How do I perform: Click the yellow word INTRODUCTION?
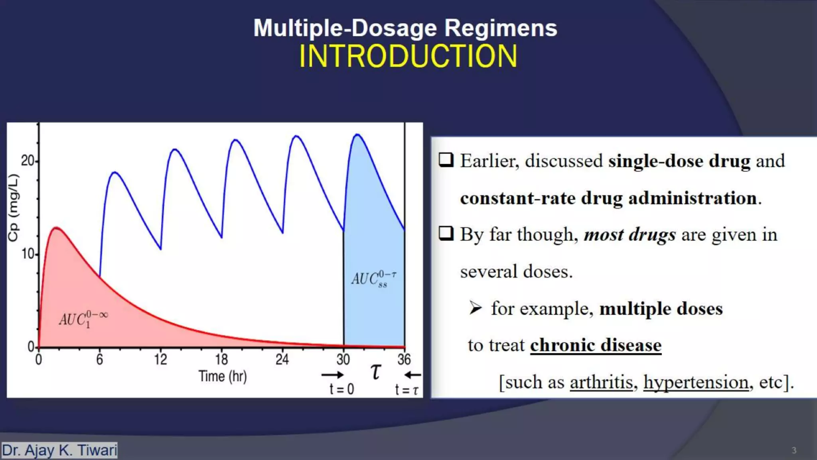click(x=408, y=56)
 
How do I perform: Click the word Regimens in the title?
click(x=500, y=28)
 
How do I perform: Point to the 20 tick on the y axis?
click(x=28, y=161)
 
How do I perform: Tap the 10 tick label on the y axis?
click(x=28, y=254)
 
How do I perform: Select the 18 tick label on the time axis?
click(x=221, y=359)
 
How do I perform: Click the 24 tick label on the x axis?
click(x=282, y=359)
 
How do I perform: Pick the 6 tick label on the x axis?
click(x=100, y=359)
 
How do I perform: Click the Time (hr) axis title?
click(x=223, y=376)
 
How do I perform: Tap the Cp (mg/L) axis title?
click(x=14, y=208)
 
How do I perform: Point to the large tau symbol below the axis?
click(x=376, y=371)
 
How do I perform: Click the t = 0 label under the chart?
click(x=341, y=389)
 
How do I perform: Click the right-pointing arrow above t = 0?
click(x=332, y=375)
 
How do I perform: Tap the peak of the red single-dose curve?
click(x=57, y=228)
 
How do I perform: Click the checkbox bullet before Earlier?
click(x=446, y=160)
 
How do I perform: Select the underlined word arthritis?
click(x=601, y=382)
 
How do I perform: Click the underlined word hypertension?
click(x=696, y=382)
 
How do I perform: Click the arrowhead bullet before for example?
click(x=476, y=308)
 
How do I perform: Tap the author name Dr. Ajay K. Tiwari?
click(x=59, y=450)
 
